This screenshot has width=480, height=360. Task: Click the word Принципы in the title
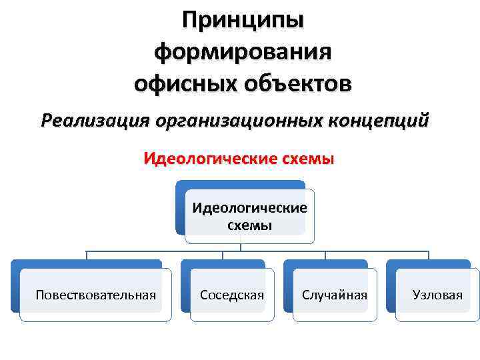(x=242, y=21)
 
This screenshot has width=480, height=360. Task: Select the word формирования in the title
(x=242, y=52)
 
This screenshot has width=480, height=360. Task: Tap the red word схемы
(x=306, y=160)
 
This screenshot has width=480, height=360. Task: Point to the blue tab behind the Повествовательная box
(x=15, y=287)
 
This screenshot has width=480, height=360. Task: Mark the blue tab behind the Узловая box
(x=390, y=287)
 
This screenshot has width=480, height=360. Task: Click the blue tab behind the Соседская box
(x=185, y=287)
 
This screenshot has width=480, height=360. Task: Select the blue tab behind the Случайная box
(x=287, y=287)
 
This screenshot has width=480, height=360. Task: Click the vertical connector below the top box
(x=241, y=247)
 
